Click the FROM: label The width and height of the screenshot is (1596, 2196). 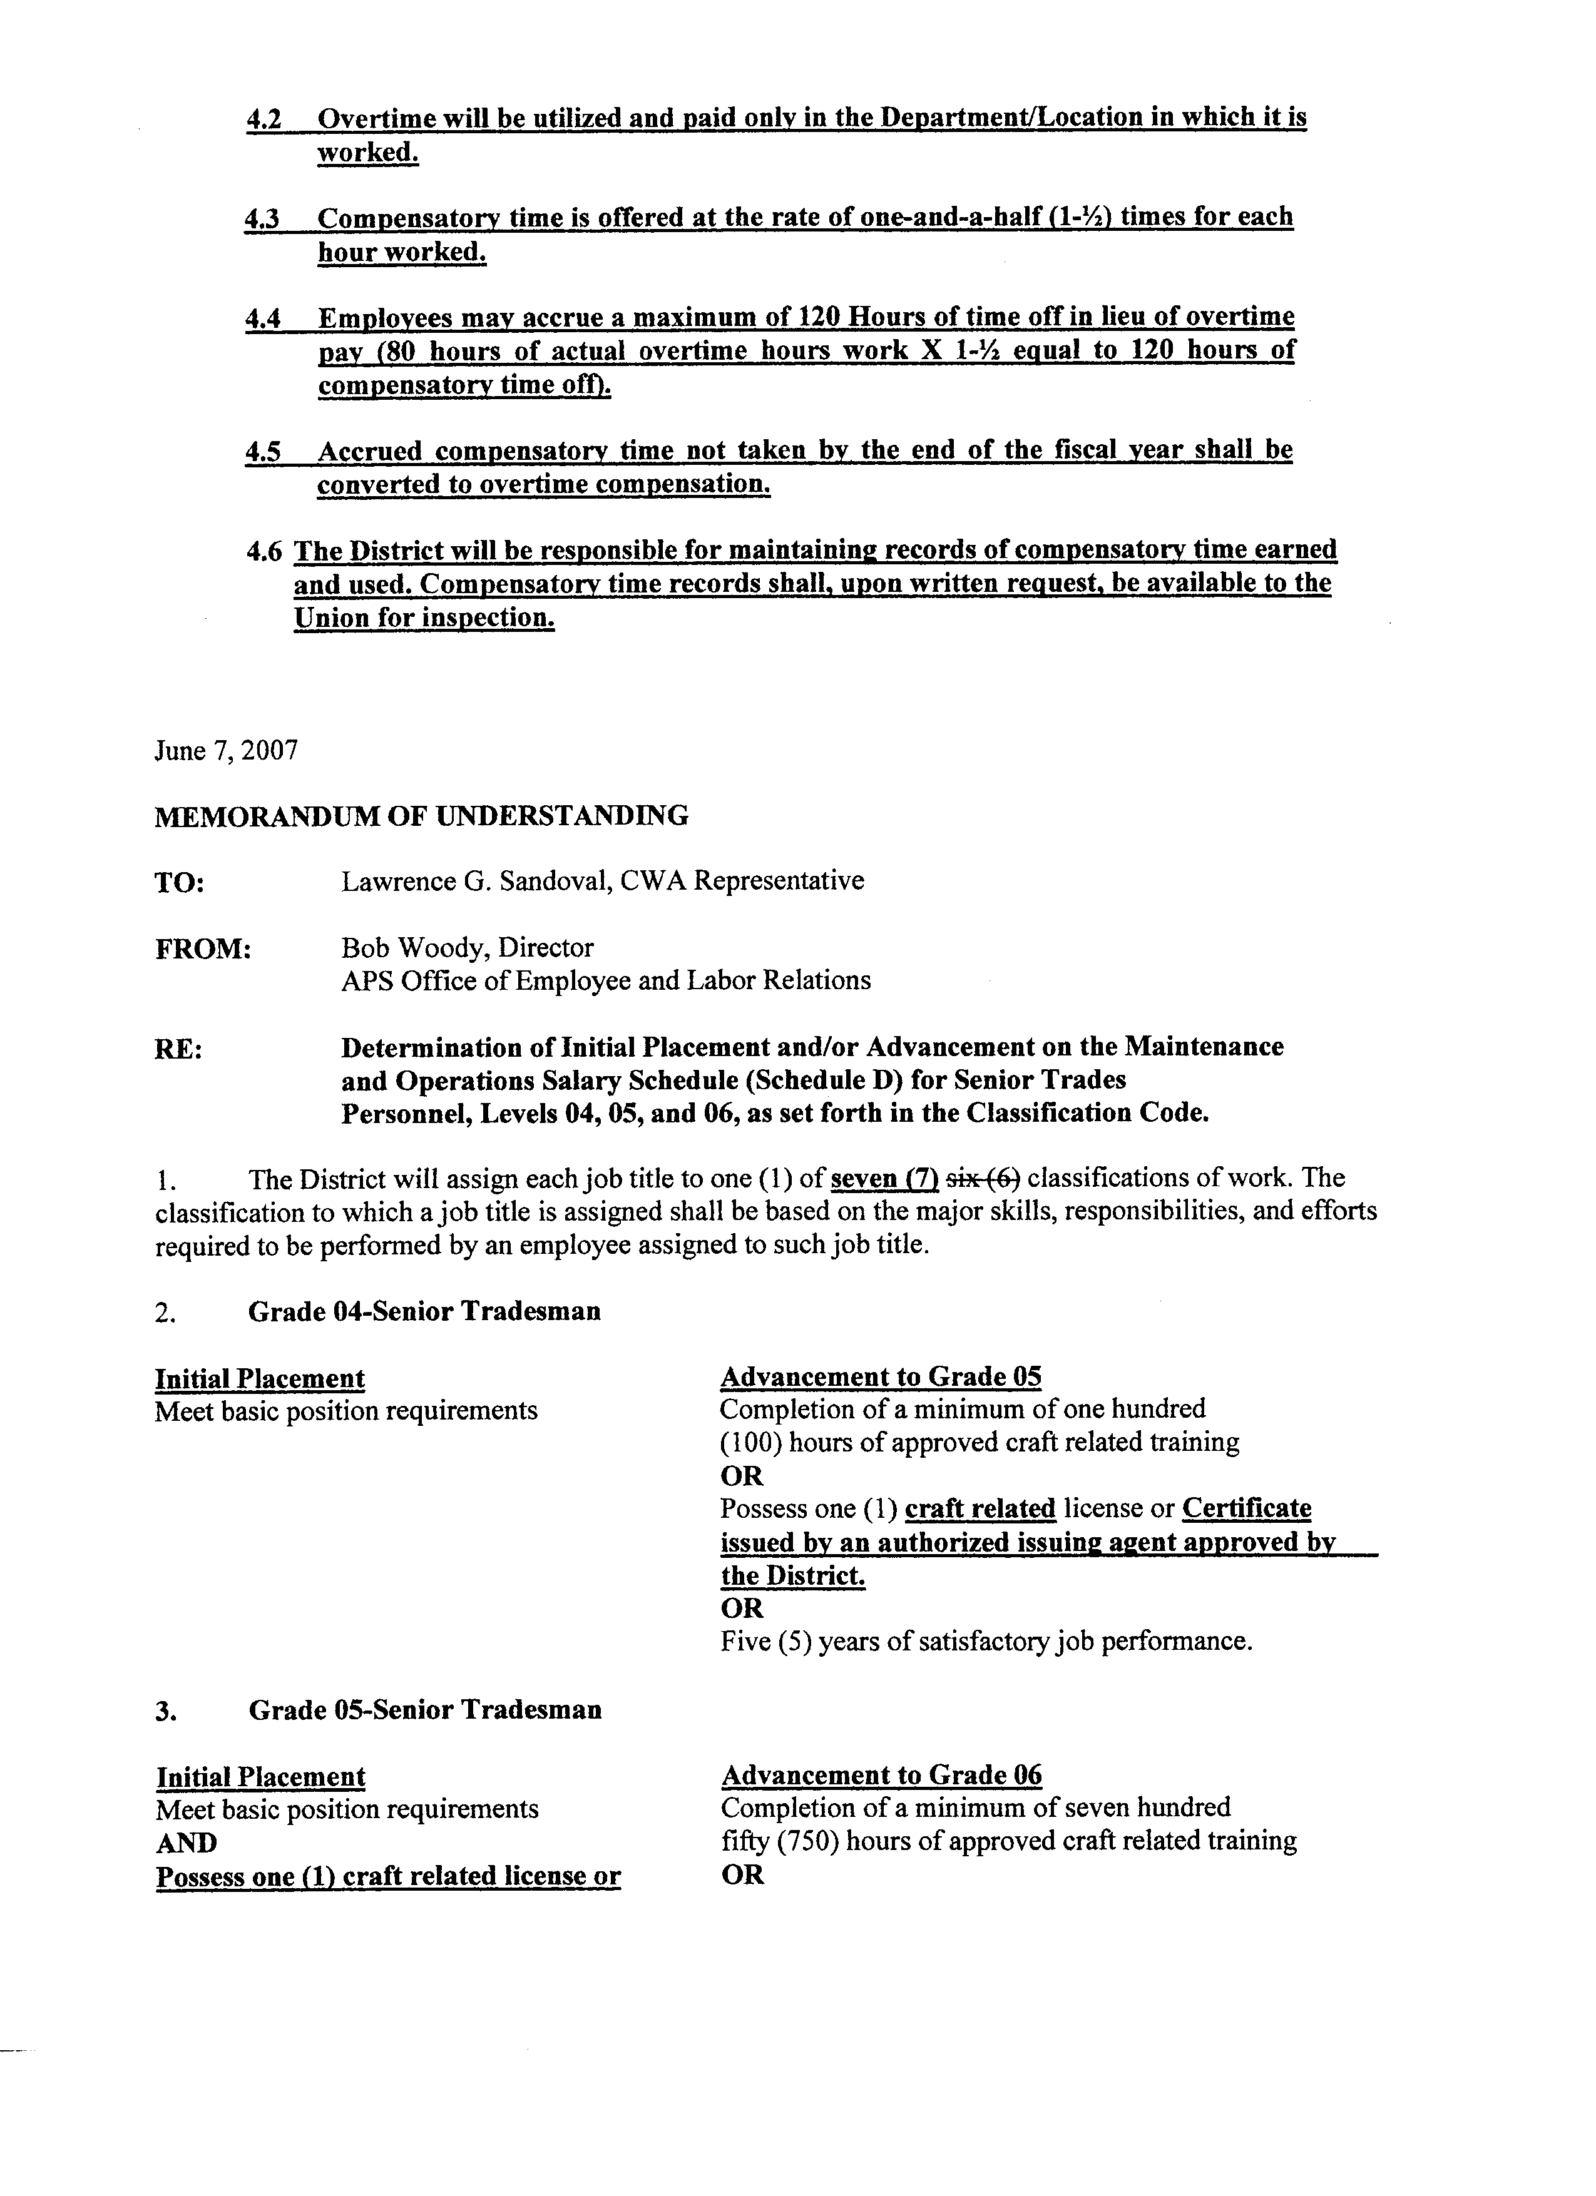coord(202,949)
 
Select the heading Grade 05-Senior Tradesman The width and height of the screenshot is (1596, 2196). coord(425,1710)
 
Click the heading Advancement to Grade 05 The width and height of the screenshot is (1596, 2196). coord(881,1377)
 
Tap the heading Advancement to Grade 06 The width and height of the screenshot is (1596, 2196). coord(881,1775)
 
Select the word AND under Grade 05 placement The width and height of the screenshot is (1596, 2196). coord(186,1842)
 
